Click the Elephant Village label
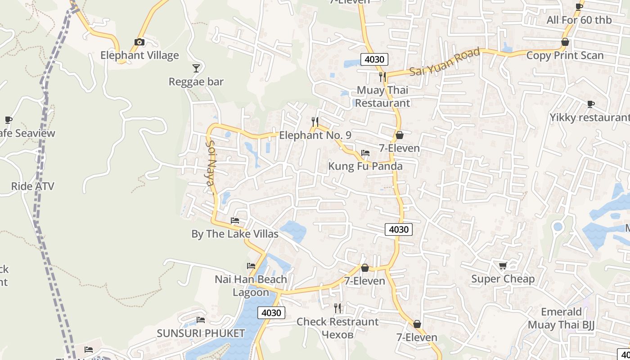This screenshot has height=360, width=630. click(139, 55)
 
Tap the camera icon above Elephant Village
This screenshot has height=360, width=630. click(139, 42)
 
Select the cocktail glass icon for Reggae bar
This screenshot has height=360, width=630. click(196, 68)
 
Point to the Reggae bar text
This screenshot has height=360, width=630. click(196, 82)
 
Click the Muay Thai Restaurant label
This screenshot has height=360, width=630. click(382, 96)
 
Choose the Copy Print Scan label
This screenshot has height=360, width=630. click(565, 55)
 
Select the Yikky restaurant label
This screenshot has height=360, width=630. click(589, 117)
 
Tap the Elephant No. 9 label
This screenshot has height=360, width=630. click(315, 135)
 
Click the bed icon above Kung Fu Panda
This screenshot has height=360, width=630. click(365, 153)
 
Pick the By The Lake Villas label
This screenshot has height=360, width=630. click(235, 234)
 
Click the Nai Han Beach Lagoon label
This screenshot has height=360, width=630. click(251, 285)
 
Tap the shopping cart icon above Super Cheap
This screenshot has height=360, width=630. click(503, 265)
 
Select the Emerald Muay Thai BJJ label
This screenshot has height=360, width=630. click(561, 318)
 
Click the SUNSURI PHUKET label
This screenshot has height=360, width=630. click(201, 333)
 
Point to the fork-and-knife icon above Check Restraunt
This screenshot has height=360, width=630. click(337, 308)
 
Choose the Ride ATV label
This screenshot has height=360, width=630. click(32, 186)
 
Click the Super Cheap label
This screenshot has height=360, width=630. click(503, 279)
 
